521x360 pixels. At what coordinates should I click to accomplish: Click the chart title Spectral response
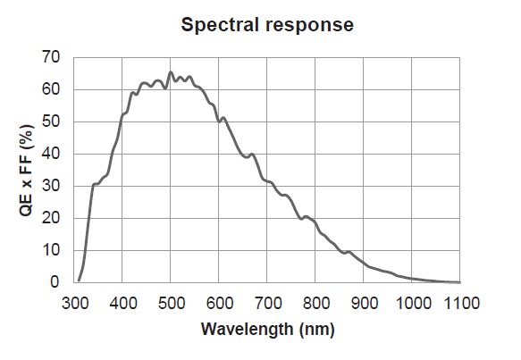coord(267,25)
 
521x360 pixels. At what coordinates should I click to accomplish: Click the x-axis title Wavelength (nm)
coord(267,330)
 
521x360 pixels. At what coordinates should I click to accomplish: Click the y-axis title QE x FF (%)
coord(27,170)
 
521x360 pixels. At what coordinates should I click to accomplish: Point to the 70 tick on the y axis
coord(51,57)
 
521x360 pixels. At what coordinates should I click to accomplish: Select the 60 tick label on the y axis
coord(51,89)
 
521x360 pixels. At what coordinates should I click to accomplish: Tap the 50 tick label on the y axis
coord(51,121)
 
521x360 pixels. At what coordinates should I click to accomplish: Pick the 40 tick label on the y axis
coord(51,154)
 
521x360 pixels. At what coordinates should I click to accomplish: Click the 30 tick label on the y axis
coord(51,186)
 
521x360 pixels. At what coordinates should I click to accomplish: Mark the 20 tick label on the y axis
coord(51,218)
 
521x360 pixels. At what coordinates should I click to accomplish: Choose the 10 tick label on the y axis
coord(51,250)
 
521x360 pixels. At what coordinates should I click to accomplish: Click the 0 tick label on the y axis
coord(55,282)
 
